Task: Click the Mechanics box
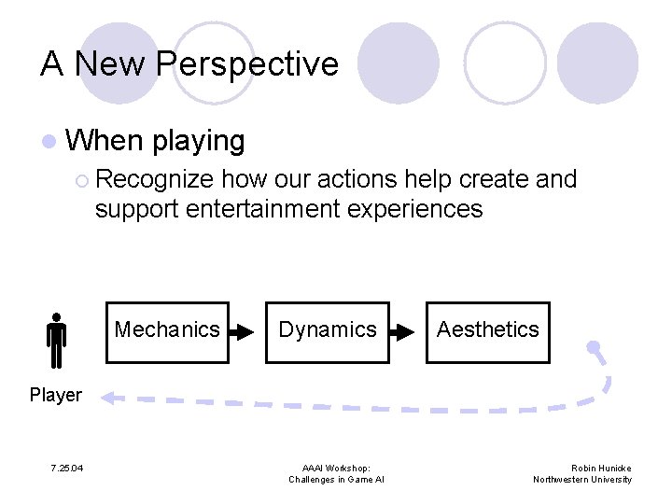(167, 331)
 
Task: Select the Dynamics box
(328, 331)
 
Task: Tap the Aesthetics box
(487, 331)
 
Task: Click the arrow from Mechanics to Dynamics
(242, 331)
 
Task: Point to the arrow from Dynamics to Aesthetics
(402, 331)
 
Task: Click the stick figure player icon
(56, 341)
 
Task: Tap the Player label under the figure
(55, 395)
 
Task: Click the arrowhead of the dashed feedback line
(108, 398)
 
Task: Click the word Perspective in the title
(246, 64)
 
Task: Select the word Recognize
(155, 179)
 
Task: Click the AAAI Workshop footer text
(336, 469)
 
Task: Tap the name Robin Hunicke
(601, 469)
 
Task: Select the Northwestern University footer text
(582, 480)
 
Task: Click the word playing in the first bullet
(198, 142)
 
